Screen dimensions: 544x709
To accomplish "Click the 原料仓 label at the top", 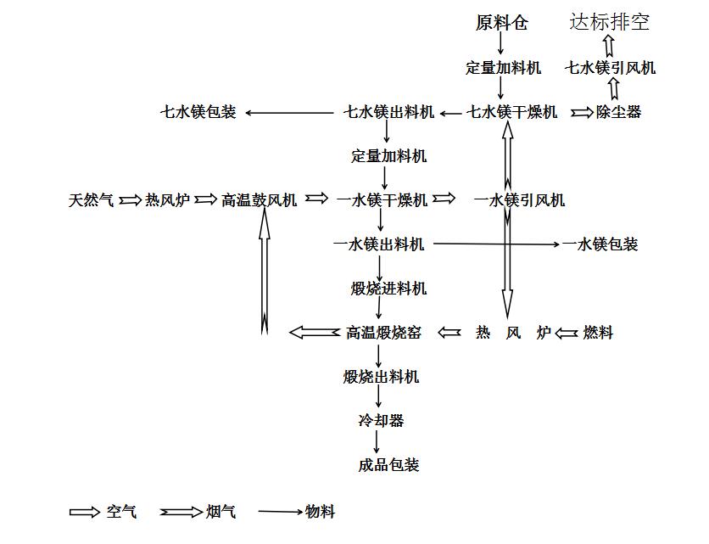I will (501, 23).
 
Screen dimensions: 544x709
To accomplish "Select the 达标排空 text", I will (609, 22).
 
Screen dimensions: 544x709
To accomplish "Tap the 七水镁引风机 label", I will (610, 68).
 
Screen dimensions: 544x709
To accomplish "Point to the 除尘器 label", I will (618, 112).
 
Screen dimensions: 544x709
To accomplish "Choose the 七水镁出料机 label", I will (388, 112).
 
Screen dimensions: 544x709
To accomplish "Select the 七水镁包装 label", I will (198, 112).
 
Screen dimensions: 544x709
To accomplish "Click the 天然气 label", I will (91, 200).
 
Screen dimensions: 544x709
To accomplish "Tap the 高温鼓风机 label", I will (259, 200).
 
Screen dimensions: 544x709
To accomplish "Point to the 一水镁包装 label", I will (600, 244).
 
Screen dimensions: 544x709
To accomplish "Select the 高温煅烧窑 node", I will (383, 333).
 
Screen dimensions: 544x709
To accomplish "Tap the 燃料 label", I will (598, 333).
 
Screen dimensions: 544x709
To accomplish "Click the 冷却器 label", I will (381, 421).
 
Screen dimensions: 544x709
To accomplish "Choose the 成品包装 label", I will (388, 465).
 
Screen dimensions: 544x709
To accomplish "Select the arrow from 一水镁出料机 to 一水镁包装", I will (496, 244).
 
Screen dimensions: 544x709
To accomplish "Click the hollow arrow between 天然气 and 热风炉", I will (130, 200).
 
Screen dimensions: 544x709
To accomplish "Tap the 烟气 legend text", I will (221, 512).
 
